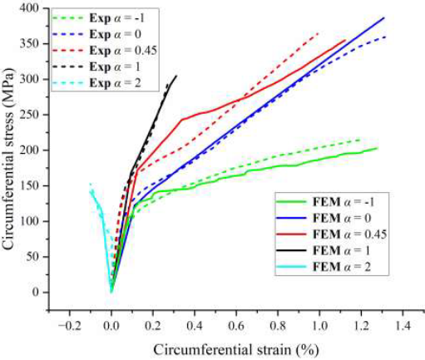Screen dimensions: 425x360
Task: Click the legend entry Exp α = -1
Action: [x=98, y=18]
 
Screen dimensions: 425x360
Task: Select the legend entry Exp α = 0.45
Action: [x=105, y=51]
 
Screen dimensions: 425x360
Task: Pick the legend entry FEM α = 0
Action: [x=324, y=219]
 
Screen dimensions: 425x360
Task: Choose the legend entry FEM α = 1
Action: [x=324, y=251]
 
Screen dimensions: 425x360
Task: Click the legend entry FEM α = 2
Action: [x=324, y=267]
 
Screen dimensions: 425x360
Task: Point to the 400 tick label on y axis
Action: [x=28, y=8]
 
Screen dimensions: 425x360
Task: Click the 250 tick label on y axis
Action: [x=28, y=115]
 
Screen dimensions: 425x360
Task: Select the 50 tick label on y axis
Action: [x=32, y=257]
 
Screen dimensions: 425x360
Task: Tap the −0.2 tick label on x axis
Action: [x=69, y=326]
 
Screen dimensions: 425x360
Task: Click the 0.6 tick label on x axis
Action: [x=236, y=326]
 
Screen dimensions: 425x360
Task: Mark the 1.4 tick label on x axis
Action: [x=403, y=326]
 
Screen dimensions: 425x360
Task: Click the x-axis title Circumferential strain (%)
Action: [x=236, y=350]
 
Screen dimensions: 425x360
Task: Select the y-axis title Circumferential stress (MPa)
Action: [x=8, y=159]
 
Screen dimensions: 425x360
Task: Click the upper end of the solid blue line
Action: [x=384, y=17]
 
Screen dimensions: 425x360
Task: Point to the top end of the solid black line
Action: [x=176, y=76]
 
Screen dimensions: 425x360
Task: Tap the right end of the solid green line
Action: [x=378, y=148]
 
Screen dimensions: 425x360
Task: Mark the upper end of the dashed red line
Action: [x=319, y=33]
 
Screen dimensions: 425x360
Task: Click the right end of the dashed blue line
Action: [x=386, y=37]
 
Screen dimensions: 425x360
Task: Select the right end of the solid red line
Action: [x=345, y=40]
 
